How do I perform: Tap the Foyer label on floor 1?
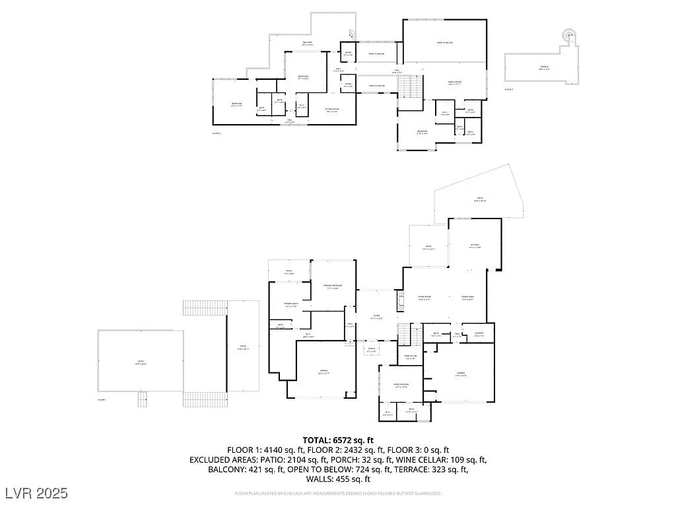click(376, 316)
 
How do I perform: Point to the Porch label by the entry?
click(372, 350)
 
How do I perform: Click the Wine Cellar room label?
click(411, 357)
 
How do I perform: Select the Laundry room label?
click(479, 333)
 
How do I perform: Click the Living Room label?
click(424, 298)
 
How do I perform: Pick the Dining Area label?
click(467, 298)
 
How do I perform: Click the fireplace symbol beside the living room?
click(400, 302)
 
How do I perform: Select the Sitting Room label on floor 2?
click(332, 110)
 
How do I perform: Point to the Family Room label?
click(455, 83)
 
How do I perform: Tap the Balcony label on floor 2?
click(308, 44)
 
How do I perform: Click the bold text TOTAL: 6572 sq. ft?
click(338, 440)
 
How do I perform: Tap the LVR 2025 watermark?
click(36, 492)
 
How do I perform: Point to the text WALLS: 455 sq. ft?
click(338, 479)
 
